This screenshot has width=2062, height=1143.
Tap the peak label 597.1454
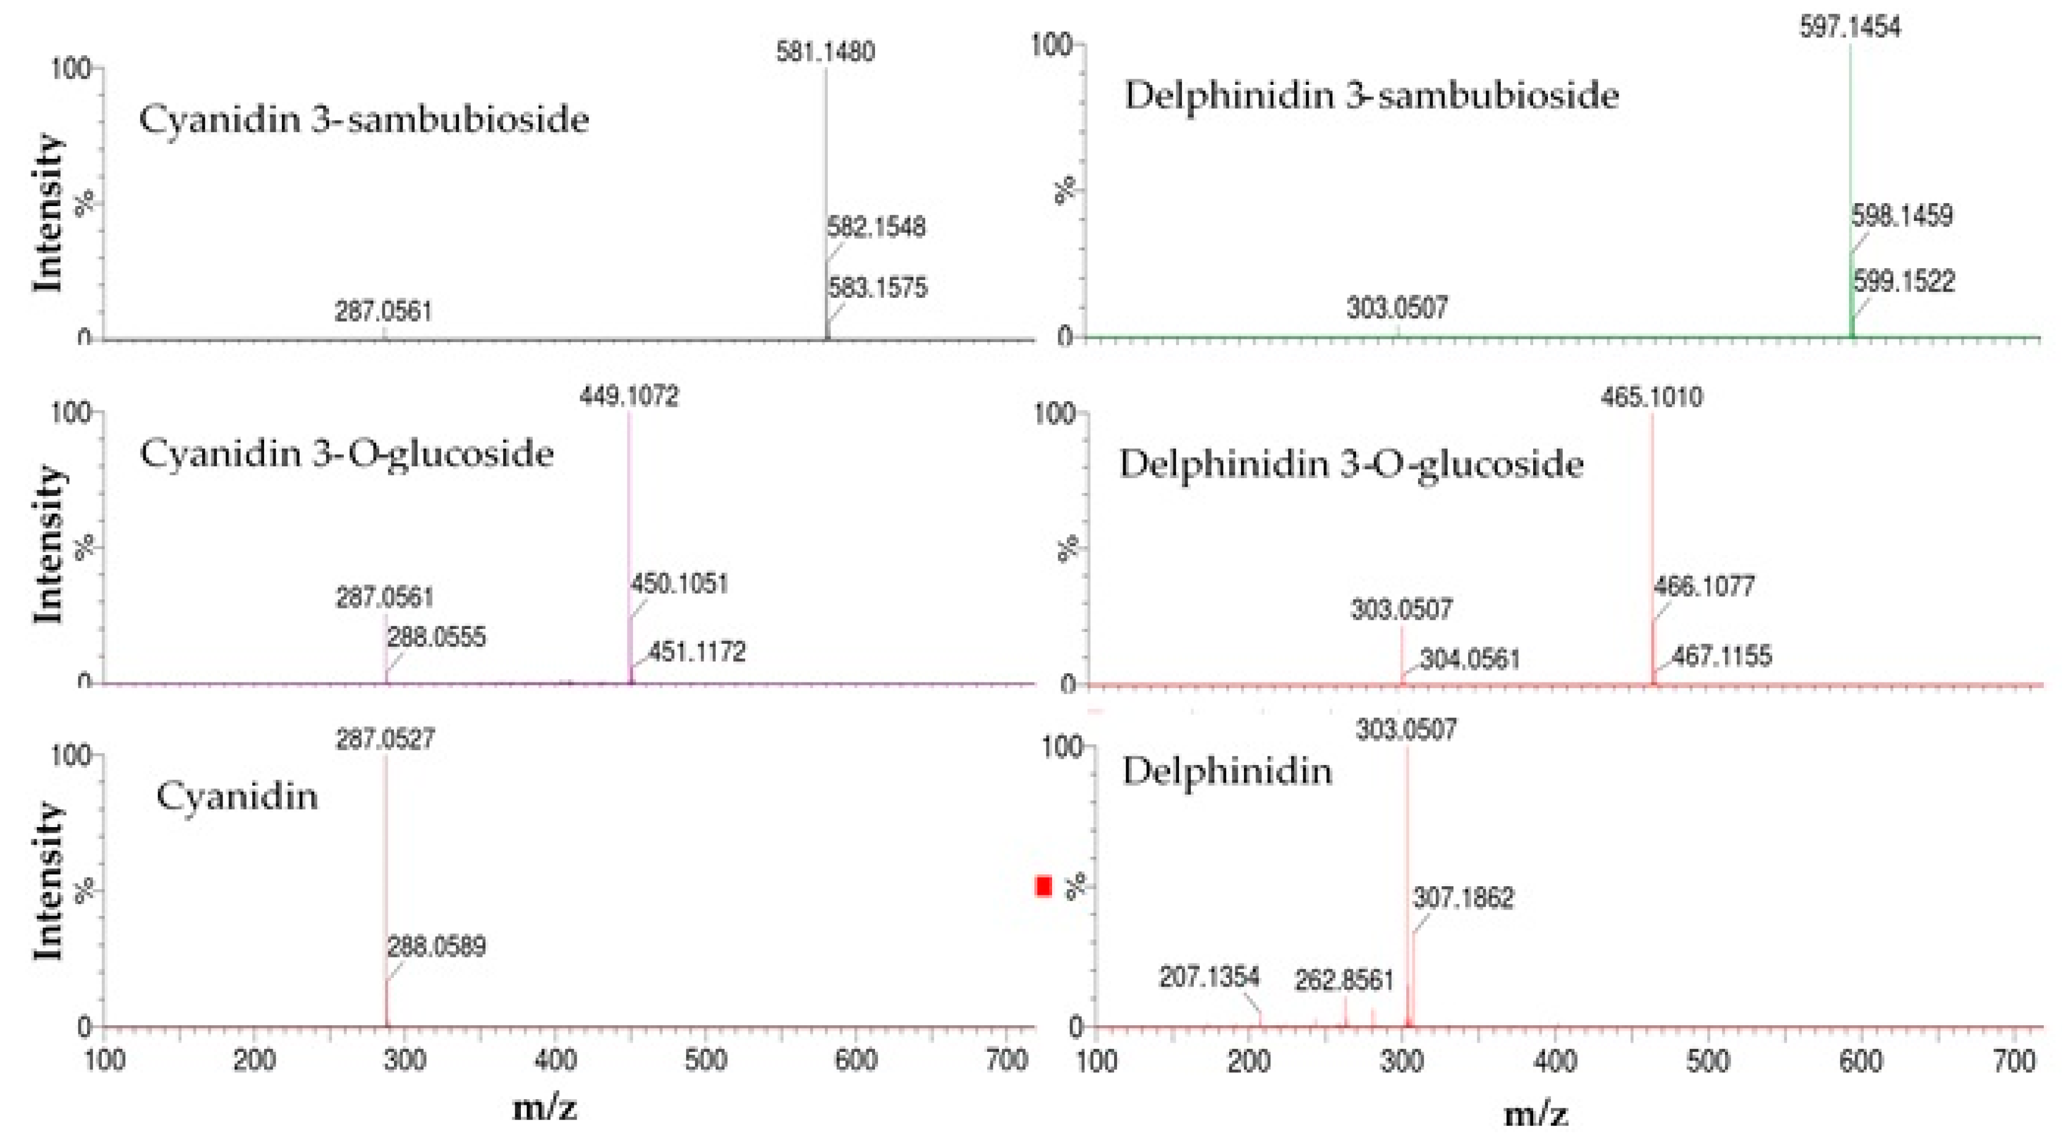coord(1849,28)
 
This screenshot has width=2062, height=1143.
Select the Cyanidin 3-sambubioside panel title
coord(364,120)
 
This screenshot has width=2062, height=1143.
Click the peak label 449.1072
coord(629,396)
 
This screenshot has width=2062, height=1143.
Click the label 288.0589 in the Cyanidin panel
coord(436,947)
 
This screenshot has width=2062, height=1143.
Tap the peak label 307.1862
coord(1463,898)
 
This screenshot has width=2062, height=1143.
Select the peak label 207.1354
coord(1209,977)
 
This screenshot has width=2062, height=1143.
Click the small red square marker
coord(1043,886)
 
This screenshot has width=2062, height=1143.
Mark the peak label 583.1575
coord(877,288)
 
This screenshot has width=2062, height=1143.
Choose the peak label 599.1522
coord(1904,282)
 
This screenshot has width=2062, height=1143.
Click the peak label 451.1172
coord(696,652)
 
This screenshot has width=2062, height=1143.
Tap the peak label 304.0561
coord(1470,660)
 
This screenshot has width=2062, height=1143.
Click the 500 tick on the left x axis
coord(705,1060)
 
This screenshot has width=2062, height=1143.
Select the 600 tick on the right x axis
coord(1860,1062)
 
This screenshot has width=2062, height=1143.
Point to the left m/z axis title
coord(544,1109)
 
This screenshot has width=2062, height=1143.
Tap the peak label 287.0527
coord(385,739)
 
